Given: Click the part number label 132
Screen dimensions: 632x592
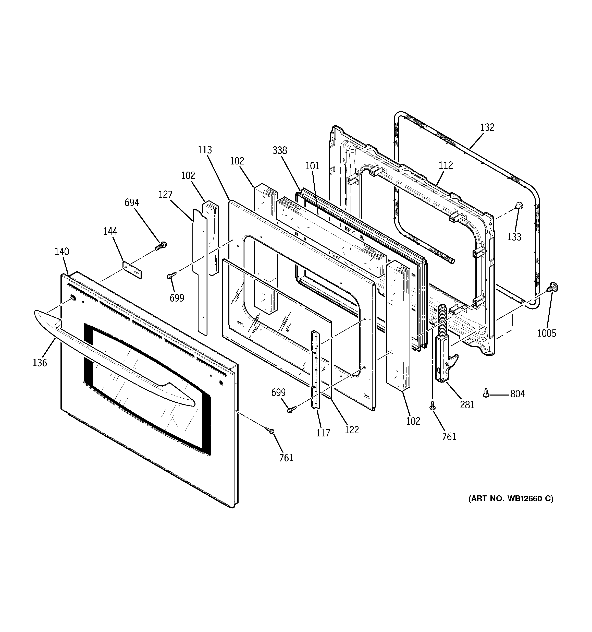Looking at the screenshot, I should click(x=487, y=127).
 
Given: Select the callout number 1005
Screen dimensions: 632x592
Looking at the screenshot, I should click(x=547, y=333).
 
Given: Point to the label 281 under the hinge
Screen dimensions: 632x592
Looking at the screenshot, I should click(x=467, y=405).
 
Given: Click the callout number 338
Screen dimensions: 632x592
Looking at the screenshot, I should click(x=280, y=150).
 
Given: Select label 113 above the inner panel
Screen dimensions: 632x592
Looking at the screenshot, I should click(x=205, y=150).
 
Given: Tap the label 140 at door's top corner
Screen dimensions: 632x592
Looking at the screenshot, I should click(x=62, y=252).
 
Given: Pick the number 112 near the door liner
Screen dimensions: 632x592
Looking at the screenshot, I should click(x=446, y=165).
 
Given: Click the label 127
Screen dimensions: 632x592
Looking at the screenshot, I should click(x=165, y=194).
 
